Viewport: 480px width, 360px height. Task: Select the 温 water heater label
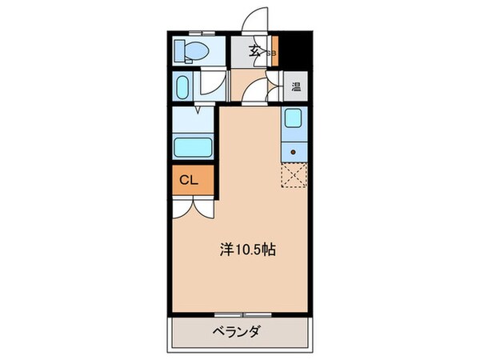coord(295,86)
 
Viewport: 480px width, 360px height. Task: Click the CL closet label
coord(188,180)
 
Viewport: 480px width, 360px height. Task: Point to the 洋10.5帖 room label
coord(248,250)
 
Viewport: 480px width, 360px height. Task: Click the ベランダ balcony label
coord(239,331)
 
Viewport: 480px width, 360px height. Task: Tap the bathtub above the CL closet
coord(192,148)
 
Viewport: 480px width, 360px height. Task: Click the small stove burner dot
coord(294,150)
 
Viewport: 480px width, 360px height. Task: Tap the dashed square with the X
coord(293,175)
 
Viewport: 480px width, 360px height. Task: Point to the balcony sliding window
coord(239,313)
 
